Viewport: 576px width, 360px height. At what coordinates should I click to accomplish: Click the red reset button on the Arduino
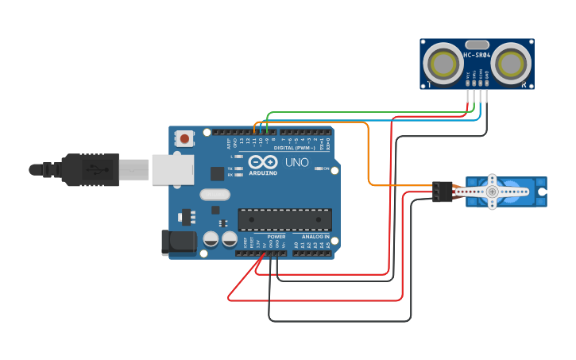pos(184,138)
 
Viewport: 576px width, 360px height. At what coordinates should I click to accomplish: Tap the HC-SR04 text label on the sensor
pos(477,56)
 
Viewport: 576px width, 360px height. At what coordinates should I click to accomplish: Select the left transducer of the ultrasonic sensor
pos(441,62)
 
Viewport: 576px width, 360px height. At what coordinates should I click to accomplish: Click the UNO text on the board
pos(296,162)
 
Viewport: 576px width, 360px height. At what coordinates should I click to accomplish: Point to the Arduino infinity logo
pos(262,161)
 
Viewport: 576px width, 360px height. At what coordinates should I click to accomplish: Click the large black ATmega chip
pos(284,219)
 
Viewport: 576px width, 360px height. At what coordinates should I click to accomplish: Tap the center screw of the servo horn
pos(493,192)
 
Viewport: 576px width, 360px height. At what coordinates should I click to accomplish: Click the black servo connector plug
pos(442,192)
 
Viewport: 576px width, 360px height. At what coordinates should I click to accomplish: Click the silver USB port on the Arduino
pos(173,169)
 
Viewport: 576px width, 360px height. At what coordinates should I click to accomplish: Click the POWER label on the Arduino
pos(276,237)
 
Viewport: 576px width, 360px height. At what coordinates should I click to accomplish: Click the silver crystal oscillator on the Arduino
pos(215,195)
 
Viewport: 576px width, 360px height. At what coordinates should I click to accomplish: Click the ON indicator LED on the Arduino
pos(319,168)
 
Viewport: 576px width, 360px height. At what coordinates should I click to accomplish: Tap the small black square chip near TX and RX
pos(217,173)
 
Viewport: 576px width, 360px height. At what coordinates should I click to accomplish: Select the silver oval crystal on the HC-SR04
pos(477,45)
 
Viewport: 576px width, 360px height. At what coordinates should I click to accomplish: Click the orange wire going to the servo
pos(369,159)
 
